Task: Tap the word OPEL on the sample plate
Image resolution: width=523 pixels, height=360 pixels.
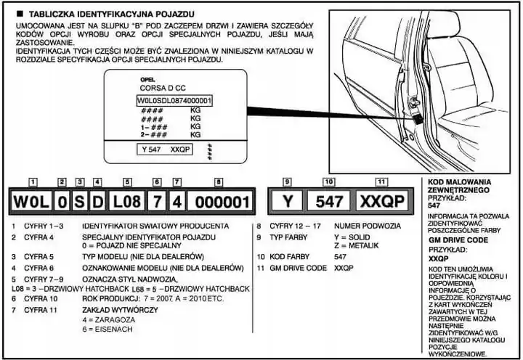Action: coord(147,80)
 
